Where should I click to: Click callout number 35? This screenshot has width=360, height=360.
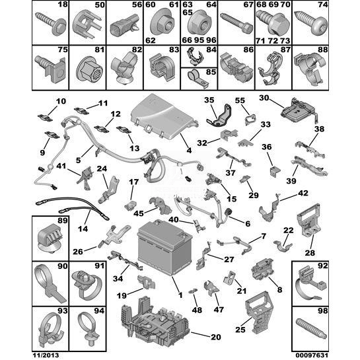click(209, 100)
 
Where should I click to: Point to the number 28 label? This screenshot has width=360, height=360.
click(310, 253)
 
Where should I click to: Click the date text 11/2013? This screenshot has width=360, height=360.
click(45, 355)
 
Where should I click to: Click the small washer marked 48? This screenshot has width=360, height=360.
click(193, 291)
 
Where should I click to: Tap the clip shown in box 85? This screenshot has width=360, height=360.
click(198, 79)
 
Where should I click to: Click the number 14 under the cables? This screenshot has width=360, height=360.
click(83, 229)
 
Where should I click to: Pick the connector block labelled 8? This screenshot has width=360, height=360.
click(262, 268)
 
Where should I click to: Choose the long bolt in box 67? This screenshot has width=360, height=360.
click(236, 23)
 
